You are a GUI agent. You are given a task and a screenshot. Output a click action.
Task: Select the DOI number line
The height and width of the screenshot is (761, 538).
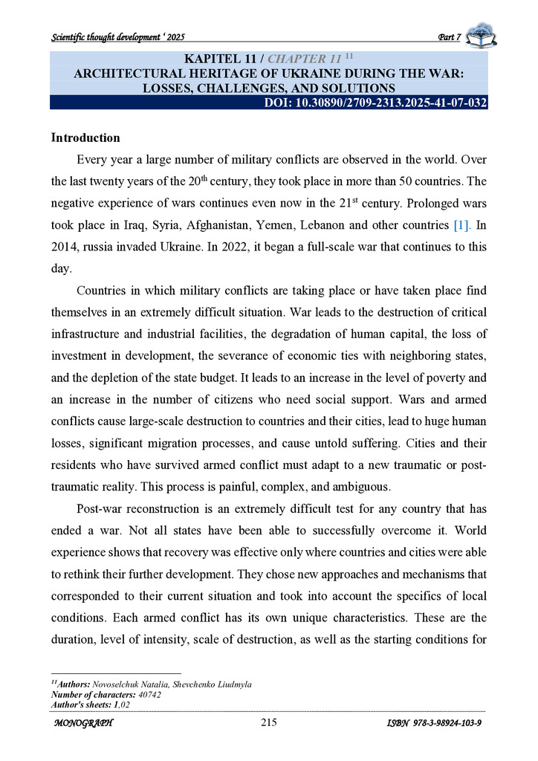point(375,103)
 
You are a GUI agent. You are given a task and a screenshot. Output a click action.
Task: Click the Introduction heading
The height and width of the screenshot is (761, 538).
point(85,138)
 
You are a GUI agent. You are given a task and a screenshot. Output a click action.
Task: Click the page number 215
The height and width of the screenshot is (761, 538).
point(269,723)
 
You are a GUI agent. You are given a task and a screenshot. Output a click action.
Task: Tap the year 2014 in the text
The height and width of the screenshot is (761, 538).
point(64,245)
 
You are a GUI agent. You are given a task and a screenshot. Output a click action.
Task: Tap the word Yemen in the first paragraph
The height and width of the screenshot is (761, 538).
point(305,224)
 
